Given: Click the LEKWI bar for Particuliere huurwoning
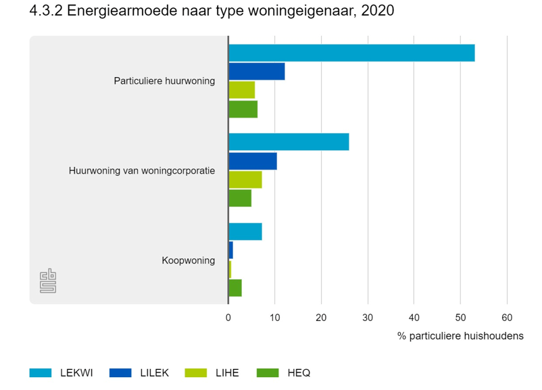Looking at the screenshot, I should (x=351, y=53).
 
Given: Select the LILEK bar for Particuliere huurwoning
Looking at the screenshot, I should (x=257, y=71).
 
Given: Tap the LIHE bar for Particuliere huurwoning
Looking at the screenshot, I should (x=242, y=90).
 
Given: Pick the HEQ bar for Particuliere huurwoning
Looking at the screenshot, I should (x=243, y=109).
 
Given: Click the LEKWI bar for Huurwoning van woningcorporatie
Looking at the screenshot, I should (x=289, y=142).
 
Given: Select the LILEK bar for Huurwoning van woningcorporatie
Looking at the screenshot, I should (x=253, y=161).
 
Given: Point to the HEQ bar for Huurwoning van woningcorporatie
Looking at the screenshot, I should (x=240, y=198).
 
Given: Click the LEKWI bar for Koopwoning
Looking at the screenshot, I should (x=245, y=231).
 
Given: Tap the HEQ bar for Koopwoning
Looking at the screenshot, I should (x=235, y=288).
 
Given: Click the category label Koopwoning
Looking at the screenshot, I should (x=188, y=260).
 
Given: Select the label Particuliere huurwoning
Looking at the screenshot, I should (x=164, y=81).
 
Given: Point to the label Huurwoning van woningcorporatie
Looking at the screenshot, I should (x=142, y=171).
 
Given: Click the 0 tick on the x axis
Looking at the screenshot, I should (x=228, y=317).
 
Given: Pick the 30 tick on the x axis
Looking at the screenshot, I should (x=368, y=317).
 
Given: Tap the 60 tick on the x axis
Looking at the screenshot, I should (x=507, y=317).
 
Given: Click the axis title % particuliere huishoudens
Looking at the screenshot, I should (x=460, y=336).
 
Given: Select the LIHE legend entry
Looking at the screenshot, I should (x=212, y=372).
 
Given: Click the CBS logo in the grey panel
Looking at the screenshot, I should (x=48, y=281).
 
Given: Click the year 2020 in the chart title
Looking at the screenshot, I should (x=379, y=12).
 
